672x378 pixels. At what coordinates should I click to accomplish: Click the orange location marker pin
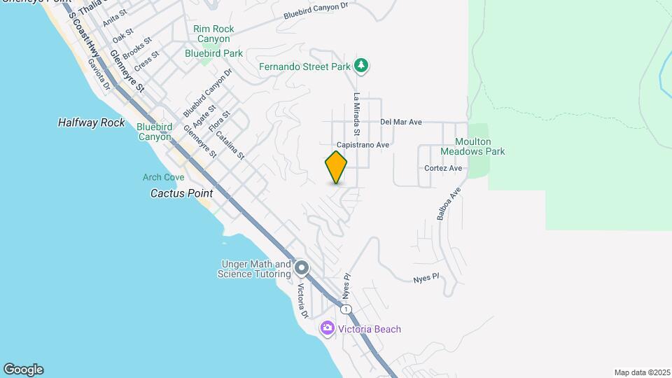coord(336,167)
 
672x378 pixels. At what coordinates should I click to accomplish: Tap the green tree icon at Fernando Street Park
coord(361,66)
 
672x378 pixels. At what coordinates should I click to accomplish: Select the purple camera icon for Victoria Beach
coord(327,328)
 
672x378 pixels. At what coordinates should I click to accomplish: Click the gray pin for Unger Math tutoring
coord(302,268)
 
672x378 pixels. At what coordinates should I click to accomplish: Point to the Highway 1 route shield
coord(345,308)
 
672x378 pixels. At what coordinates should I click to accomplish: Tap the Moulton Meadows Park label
coord(472,146)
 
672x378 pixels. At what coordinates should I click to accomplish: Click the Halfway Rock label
coord(91,122)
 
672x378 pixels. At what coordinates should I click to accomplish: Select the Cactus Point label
coord(181,192)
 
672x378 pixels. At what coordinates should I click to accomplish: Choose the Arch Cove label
coord(164,177)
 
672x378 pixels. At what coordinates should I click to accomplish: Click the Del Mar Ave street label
coord(401,122)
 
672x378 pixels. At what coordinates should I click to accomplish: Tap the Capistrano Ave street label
coord(363,145)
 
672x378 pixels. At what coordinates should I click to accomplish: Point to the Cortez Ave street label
coord(443,168)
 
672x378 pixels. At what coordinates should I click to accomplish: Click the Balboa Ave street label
coord(449,204)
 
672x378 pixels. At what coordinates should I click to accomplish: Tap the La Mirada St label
coord(356,114)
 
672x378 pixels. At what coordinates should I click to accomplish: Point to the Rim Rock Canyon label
coord(213,34)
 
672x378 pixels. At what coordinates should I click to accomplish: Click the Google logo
coord(23,370)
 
